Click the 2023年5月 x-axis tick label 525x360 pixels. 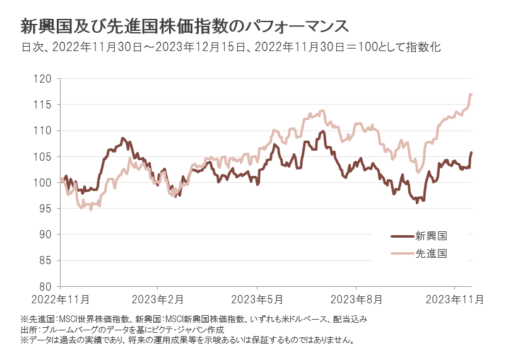pyautogui.click(x=257, y=298)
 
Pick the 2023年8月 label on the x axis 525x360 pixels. pyautogui.click(x=357, y=298)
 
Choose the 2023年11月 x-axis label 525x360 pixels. pyautogui.click(x=454, y=298)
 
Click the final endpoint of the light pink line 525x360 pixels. pyautogui.click(x=472, y=94)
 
